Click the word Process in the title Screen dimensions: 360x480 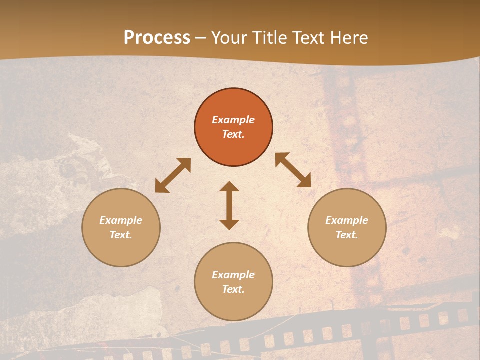tap(157, 38)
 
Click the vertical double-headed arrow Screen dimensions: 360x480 tap(229, 205)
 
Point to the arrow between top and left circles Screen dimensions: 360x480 tap(173, 175)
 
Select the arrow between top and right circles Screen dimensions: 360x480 tap(293, 170)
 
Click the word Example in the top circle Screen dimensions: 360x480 tap(233, 120)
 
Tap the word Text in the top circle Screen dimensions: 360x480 tap(233, 134)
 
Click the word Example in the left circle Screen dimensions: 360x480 tap(121, 220)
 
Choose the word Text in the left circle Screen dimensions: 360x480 tap(121, 235)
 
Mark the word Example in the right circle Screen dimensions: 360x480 tap(347, 220)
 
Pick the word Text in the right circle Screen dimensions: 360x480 tap(347, 235)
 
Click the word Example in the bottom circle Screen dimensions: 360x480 tap(233, 275)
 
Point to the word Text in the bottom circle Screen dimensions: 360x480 tap(233, 289)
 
